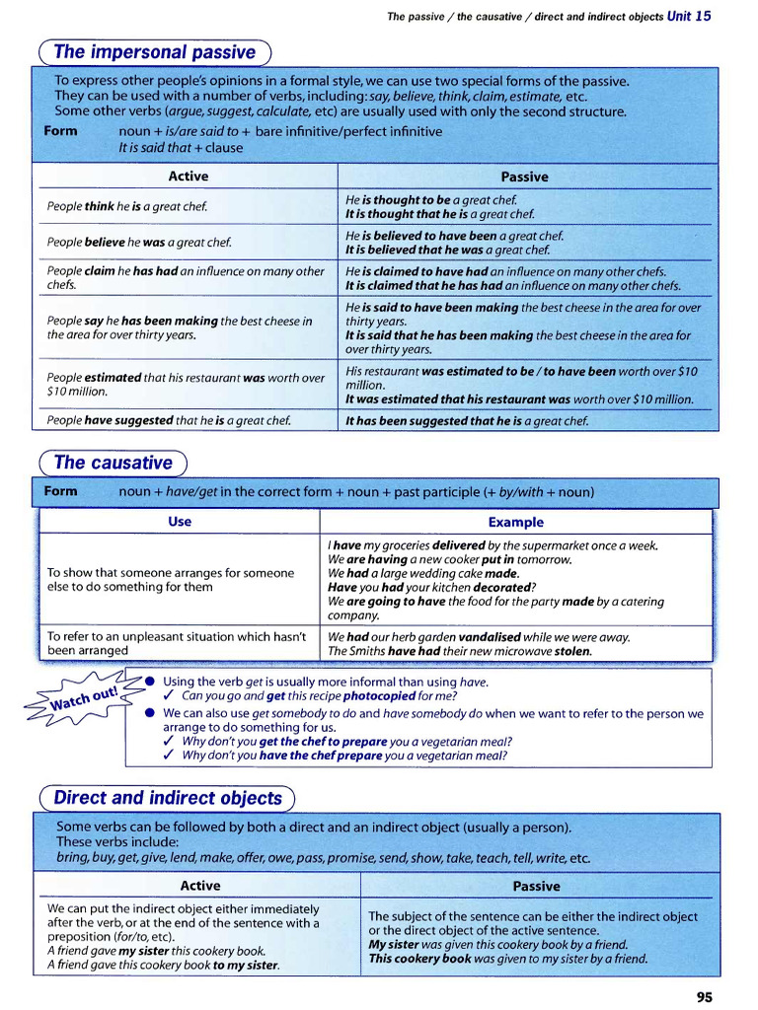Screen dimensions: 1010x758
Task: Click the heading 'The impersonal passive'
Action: click(154, 52)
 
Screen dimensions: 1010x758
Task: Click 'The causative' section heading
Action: click(113, 463)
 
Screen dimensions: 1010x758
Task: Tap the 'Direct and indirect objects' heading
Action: click(168, 798)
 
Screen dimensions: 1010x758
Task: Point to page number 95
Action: click(704, 997)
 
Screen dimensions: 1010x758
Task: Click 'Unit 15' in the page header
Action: click(689, 16)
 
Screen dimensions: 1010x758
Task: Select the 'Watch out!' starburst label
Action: click(84, 697)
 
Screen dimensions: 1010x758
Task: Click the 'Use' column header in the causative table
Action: click(180, 522)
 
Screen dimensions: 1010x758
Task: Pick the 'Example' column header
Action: click(515, 522)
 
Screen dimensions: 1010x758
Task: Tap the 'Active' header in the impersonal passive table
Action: click(188, 177)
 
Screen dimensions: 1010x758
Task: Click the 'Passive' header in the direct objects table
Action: click(536, 886)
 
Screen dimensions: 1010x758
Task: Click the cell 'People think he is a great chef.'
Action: click(127, 206)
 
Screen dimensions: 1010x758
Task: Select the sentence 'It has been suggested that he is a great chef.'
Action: click(467, 421)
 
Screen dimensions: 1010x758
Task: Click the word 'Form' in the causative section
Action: click(61, 491)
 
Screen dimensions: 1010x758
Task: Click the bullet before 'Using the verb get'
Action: click(149, 682)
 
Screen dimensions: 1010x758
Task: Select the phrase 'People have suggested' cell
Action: click(169, 421)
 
